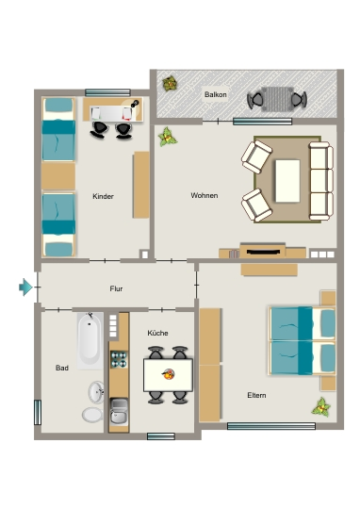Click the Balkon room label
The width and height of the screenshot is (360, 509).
pyautogui.click(x=216, y=95)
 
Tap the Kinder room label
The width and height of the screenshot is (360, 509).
pyautogui.click(x=104, y=196)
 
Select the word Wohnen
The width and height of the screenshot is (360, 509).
pyautogui.click(x=205, y=195)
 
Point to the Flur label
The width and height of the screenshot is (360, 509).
pyautogui.click(x=116, y=288)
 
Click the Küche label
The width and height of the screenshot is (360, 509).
pyautogui.click(x=157, y=333)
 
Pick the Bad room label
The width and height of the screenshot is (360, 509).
pyautogui.click(x=62, y=368)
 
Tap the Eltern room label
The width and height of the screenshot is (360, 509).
pyautogui.click(x=256, y=395)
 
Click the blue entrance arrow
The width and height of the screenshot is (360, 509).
pyautogui.click(x=25, y=287)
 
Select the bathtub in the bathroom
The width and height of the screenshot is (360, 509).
pyautogui.click(x=90, y=341)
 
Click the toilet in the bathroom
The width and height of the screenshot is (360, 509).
pyautogui.click(x=92, y=415)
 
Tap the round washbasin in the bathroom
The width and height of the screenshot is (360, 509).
pyautogui.click(x=96, y=392)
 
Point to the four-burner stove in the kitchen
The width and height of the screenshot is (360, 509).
pyautogui.click(x=119, y=359)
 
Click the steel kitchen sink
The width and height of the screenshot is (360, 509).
pyautogui.click(x=119, y=412)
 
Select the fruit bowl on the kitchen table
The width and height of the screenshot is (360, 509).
pyautogui.click(x=169, y=374)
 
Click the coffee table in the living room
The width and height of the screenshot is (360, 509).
pyautogui.click(x=287, y=181)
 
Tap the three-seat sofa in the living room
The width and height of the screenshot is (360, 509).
pyautogui.click(x=321, y=181)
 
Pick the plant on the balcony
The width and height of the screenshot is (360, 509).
pyautogui.click(x=170, y=84)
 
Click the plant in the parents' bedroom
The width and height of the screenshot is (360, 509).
pyautogui.click(x=321, y=407)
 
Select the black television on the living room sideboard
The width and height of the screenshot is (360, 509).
pyautogui.click(x=263, y=252)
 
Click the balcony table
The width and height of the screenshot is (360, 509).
pyautogui.click(x=277, y=99)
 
